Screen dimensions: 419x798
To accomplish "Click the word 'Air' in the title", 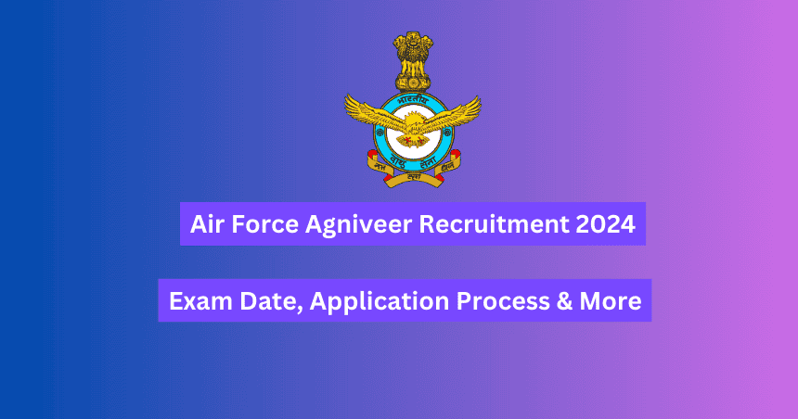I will click(205, 226).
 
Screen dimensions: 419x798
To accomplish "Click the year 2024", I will click(611, 226).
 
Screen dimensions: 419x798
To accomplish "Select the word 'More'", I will click(612, 300).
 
